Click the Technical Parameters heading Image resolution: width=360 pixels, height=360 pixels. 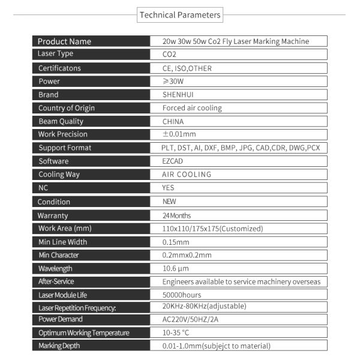179,15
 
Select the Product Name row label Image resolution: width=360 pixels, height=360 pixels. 64,41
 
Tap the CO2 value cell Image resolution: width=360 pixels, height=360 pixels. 170,55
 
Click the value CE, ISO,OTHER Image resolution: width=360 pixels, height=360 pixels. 187,68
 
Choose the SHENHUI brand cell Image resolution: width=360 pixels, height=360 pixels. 178,95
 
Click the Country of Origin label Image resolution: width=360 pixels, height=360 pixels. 67,108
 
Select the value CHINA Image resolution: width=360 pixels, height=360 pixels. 173,121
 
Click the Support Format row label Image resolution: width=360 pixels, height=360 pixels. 65,148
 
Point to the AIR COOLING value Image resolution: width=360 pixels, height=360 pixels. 187,175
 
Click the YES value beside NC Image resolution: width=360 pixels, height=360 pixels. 169,188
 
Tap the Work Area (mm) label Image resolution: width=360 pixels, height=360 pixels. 64,229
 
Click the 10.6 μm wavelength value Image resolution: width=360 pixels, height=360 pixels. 176,268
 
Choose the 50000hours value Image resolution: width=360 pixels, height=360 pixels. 182,295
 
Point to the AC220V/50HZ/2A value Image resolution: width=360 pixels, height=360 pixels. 191,319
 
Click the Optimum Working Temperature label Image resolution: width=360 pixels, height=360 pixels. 83,332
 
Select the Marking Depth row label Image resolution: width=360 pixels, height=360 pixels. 59,346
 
